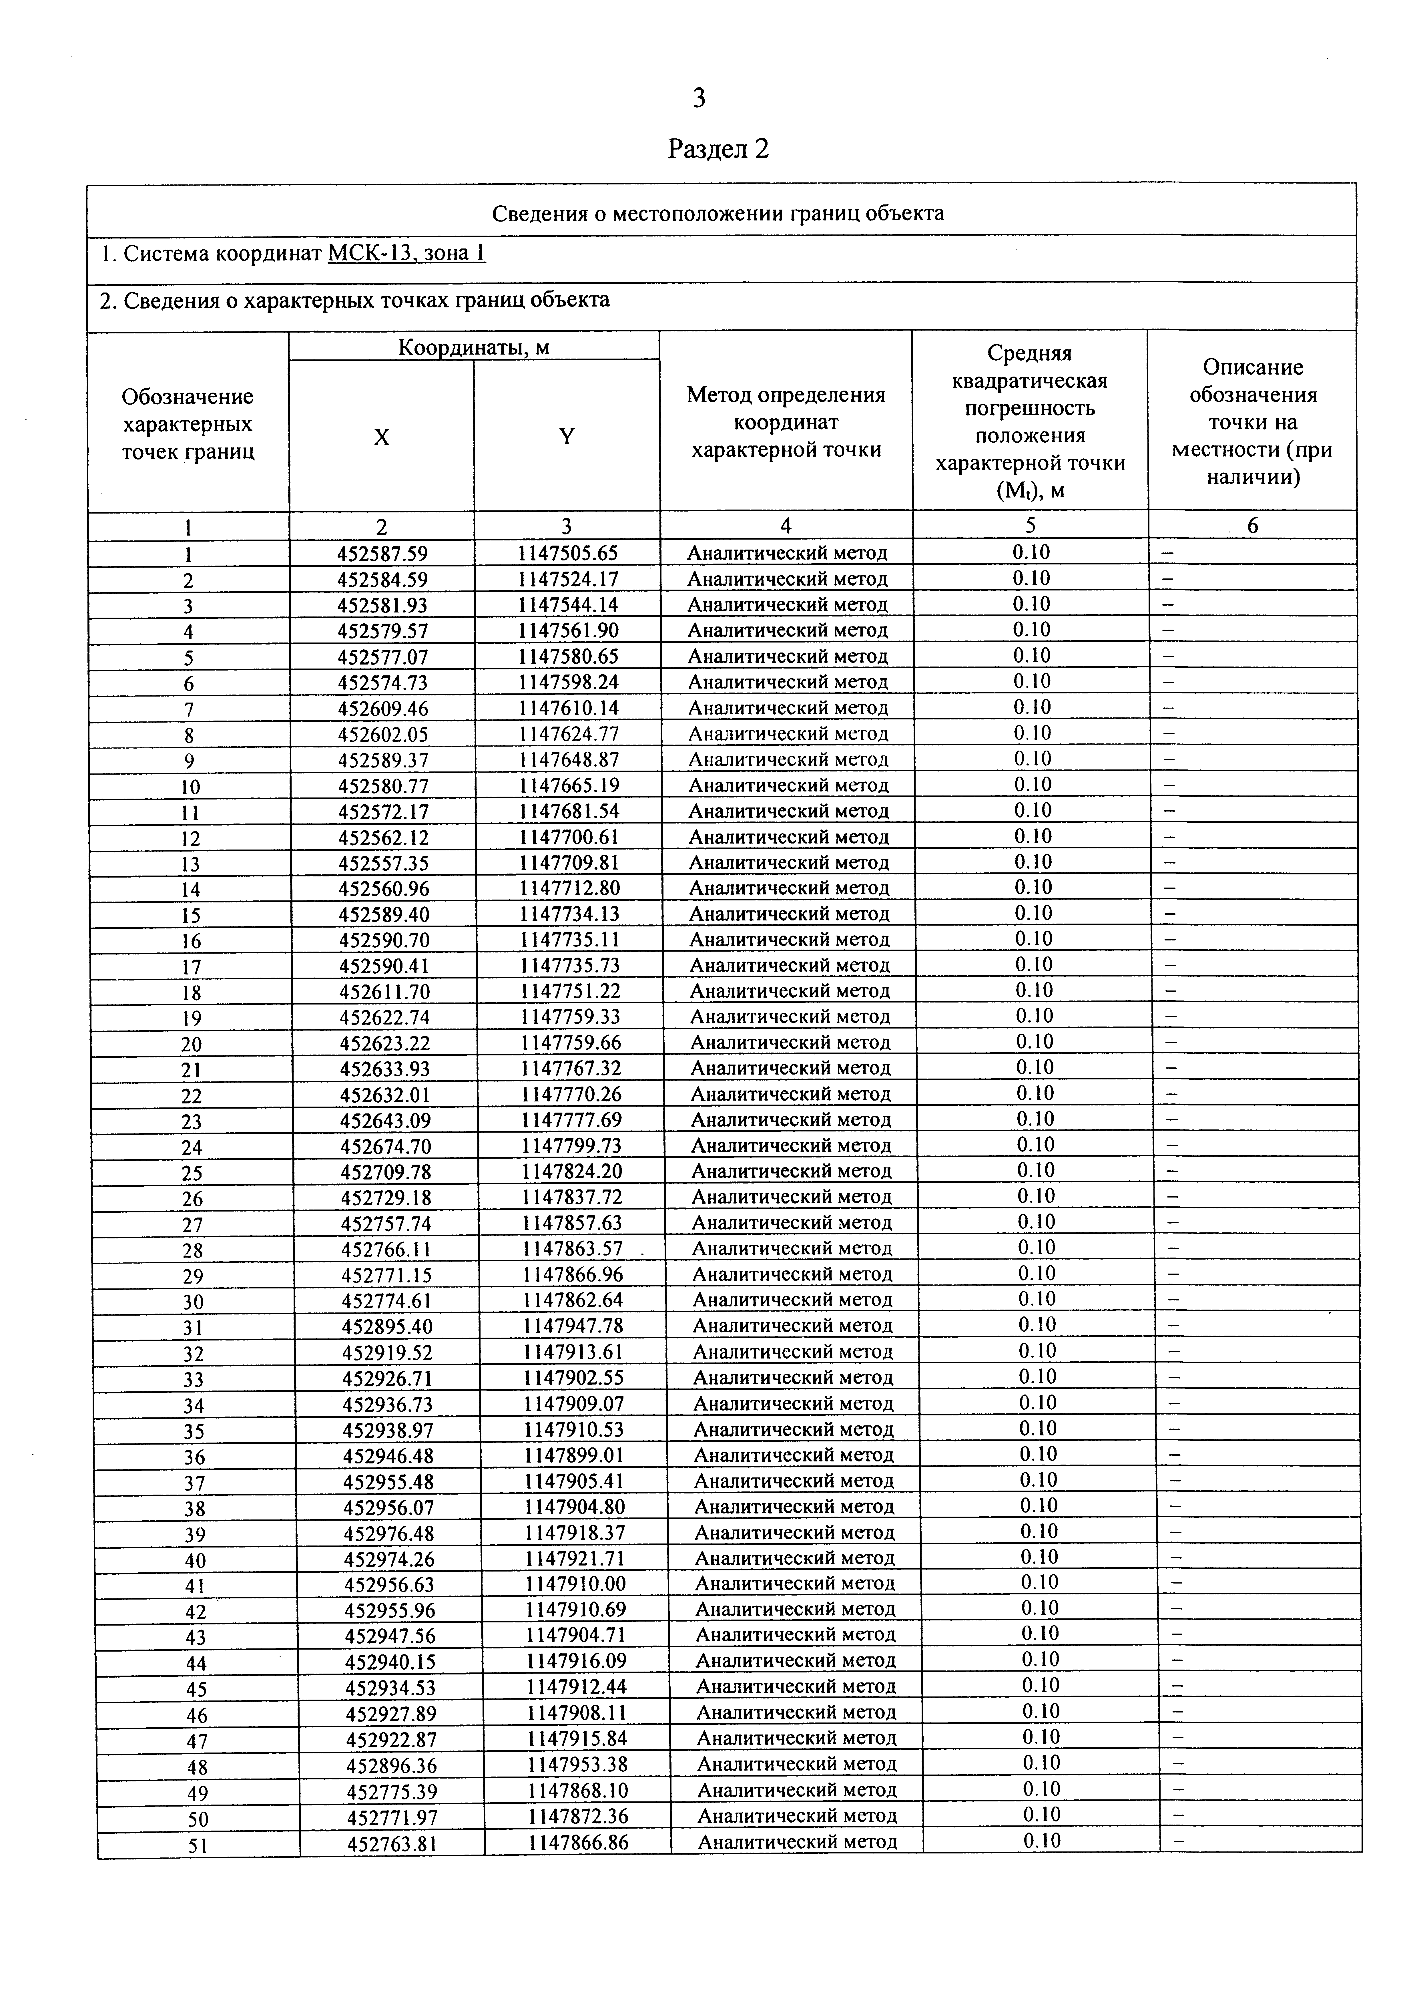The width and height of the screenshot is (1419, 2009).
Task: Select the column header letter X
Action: coord(381,437)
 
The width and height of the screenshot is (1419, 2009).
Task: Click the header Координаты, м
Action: coord(474,347)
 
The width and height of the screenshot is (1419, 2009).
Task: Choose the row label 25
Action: coord(192,1173)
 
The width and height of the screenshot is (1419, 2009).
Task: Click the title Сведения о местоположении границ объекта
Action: coord(718,214)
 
